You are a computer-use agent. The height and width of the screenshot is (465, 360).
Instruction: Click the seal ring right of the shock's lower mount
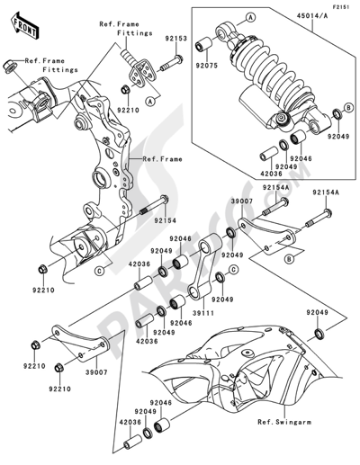coord(336,112)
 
